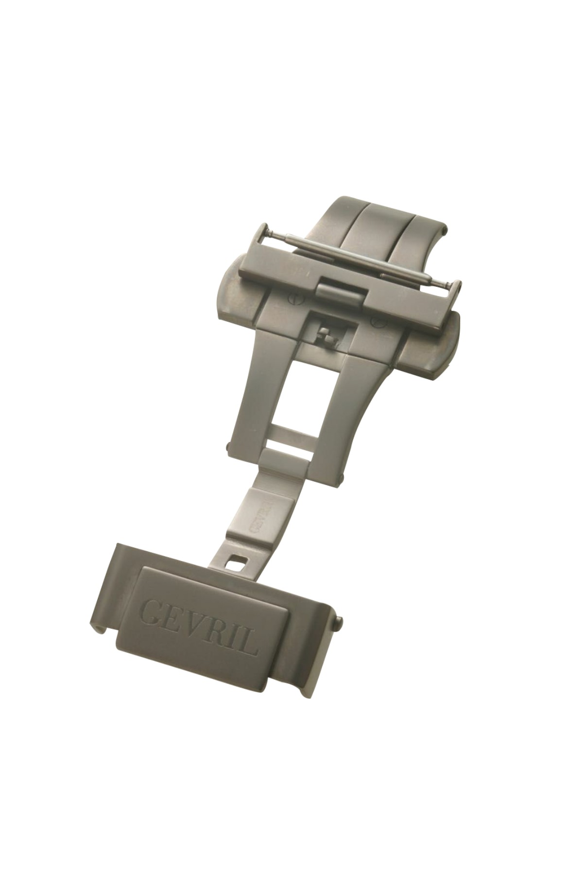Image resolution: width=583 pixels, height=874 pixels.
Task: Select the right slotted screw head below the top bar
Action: (374, 322)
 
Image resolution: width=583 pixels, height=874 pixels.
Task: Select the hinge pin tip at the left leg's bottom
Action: (229, 444)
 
